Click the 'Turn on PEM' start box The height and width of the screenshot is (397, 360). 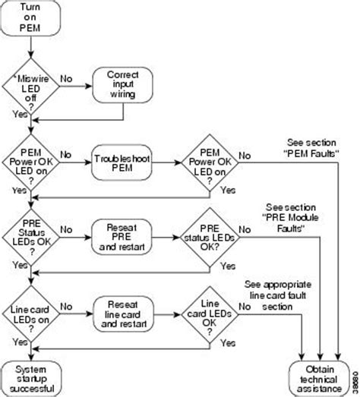point(30,17)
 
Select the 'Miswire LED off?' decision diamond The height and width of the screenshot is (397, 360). point(30,87)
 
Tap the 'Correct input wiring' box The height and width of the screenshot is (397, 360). point(122,85)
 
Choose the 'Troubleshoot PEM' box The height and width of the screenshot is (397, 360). point(122,162)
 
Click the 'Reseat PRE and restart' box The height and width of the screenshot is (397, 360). point(122,238)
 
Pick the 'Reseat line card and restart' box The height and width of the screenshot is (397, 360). point(123,314)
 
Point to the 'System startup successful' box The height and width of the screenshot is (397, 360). point(31,379)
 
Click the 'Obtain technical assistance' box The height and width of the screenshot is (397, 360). point(319,379)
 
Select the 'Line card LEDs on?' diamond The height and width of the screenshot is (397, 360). point(31,314)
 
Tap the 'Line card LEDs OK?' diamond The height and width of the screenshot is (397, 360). point(210,315)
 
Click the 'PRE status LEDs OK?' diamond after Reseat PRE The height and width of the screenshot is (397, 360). point(210,238)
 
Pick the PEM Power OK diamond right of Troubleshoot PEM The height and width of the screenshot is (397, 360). point(210,162)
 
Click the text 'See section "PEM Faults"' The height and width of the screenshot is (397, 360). point(311,148)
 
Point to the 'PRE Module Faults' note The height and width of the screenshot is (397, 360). point(291,218)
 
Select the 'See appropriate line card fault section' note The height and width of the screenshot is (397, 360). point(278,295)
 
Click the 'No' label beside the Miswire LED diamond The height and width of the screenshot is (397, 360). point(66,79)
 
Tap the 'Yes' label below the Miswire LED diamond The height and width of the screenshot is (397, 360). point(20,114)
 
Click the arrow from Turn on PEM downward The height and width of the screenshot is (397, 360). point(30,47)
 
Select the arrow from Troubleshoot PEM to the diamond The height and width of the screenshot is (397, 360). point(166,162)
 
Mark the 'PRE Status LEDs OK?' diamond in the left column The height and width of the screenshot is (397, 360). point(31,238)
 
